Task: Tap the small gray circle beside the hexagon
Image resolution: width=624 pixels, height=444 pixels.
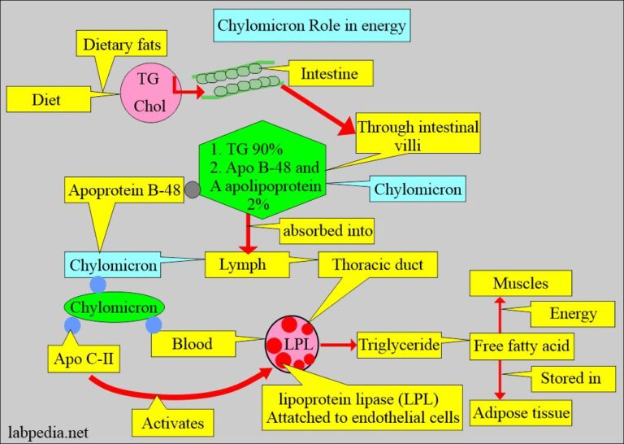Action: tap(193, 189)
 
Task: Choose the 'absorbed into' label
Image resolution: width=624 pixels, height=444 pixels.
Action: tap(327, 230)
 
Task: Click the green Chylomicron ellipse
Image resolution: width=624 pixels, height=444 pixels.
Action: tap(114, 307)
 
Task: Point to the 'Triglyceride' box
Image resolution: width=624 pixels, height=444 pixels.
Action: tap(399, 346)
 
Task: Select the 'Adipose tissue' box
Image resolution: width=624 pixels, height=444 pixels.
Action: tap(521, 412)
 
